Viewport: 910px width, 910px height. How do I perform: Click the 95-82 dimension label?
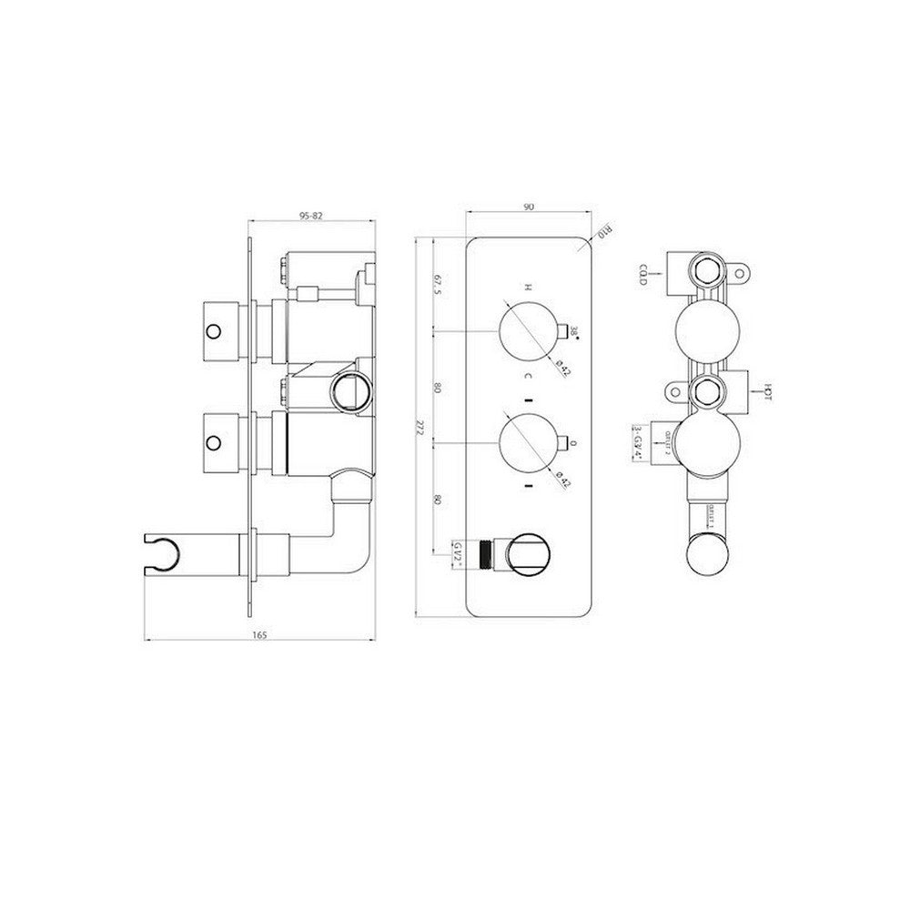[310, 216]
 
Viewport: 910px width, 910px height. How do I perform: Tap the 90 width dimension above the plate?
[528, 207]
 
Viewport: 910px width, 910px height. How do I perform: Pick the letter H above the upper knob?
[525, 287]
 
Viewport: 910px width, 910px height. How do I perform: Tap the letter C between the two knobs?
[525, 375]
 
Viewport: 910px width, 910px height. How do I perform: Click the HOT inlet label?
[768, 392]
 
